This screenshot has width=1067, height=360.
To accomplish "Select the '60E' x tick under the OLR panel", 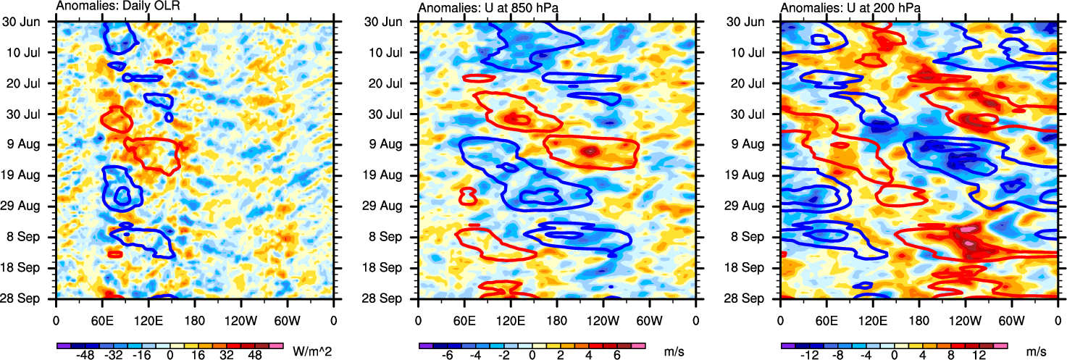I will [102, 319].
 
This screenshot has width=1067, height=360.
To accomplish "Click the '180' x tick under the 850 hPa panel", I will [557, 319].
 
